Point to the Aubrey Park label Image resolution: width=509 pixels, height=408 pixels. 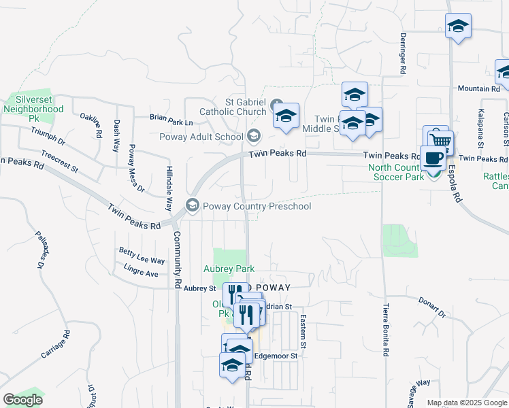coord(228,269)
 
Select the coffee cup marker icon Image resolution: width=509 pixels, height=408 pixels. coord(433,158)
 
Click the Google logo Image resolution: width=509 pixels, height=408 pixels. coord(22,400)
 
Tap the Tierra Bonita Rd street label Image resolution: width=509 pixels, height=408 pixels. coord(386,330)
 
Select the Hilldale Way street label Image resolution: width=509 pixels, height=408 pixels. coord(167,188)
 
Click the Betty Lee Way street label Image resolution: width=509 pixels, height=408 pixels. coord(142,260)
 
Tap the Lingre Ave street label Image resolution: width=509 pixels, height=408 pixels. coord(141,273)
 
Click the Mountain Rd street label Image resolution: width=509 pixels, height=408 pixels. coord(479,88)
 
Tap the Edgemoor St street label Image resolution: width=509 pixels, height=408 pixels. coord(276,356)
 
